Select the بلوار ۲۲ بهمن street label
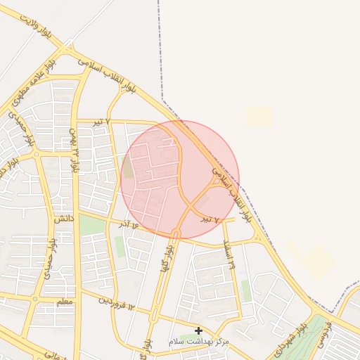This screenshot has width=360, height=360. tap(73, 148)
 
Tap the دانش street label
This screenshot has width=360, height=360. tap(63, 219)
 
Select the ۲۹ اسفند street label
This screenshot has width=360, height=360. tap(229, 255)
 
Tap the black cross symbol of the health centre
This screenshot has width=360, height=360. tap(199, 330)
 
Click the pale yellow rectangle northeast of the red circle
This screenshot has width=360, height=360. tap(259, 116)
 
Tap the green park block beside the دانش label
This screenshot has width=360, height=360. tap(91, 226)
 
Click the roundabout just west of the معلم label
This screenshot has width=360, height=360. tap(34, 301)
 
